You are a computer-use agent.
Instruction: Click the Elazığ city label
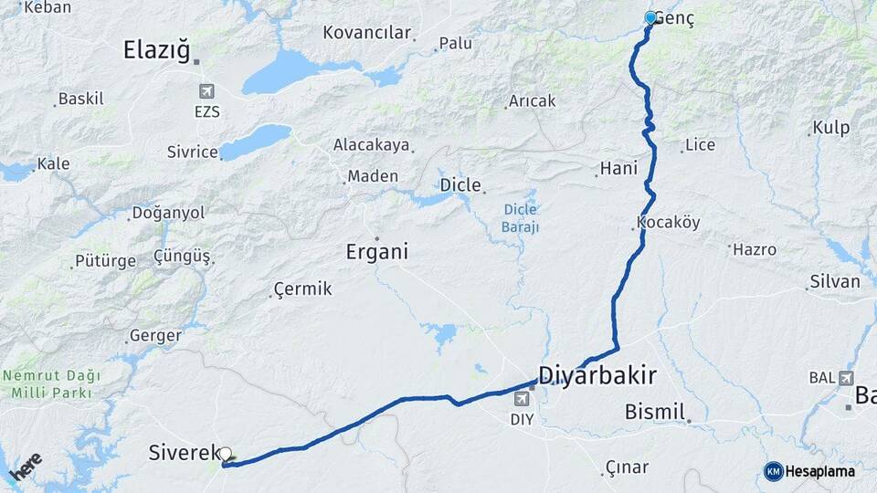(156, 51)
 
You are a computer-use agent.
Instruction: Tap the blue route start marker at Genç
(650, 17)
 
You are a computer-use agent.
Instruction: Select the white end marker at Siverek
(225, 454)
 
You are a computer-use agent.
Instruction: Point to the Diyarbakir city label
(597, 375)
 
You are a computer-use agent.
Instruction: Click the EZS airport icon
(206, 91)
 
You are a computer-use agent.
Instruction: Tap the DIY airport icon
(523, 399)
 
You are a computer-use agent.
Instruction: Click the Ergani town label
(376, 251)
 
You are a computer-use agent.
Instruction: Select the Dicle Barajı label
(521, 217)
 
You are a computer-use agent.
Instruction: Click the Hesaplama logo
(809, 471)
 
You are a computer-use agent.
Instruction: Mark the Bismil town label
(655, 412)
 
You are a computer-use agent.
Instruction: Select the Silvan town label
(834, 282)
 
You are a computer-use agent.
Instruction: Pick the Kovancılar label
(366, 33)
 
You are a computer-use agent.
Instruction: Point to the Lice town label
(700, 144)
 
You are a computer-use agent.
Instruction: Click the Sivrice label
(192, 152)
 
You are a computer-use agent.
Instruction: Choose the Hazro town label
(754, 249)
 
